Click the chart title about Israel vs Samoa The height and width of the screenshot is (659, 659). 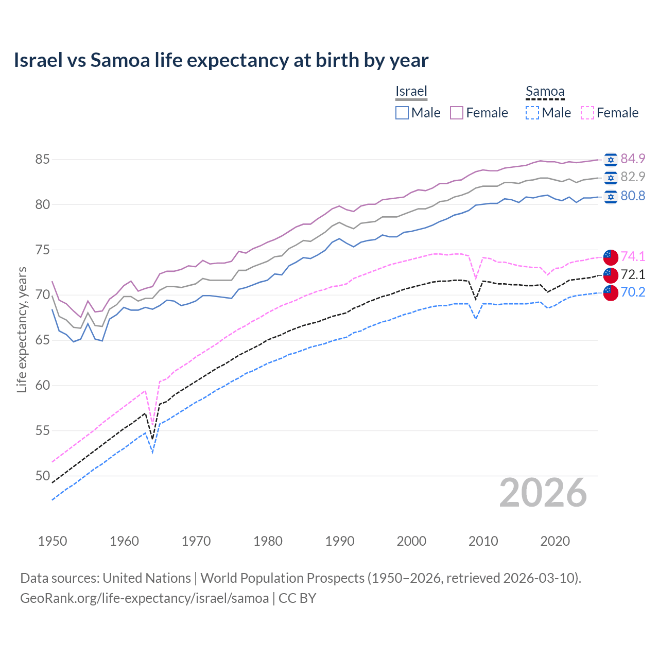click(x=221, y=60)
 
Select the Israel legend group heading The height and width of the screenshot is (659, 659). click(x=411, y=91)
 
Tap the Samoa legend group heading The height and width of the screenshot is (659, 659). click(x=545, y=91)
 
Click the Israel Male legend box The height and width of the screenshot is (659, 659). click(x=402, y=113)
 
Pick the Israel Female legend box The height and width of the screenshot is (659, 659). click(x=457, y=113)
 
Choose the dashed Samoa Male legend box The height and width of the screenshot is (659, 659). click(x=532, y=113)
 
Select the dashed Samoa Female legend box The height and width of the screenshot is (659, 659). click(x=587, y=113)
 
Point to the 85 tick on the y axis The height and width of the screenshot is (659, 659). click(x=42, y=160)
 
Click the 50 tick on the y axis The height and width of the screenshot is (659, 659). click(x=42, y=476)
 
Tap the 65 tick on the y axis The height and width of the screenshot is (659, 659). click(x=42, y=340)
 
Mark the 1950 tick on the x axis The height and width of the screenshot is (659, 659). click(x=53, y=541)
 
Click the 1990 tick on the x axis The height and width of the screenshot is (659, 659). click(x=340, y=541)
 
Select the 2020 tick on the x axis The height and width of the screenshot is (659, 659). click(x=555, y=541)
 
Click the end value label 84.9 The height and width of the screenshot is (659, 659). click(x=633, y=159)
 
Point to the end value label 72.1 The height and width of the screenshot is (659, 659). click(x=633, y=274)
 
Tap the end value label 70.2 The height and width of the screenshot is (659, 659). click(x=633, y=292)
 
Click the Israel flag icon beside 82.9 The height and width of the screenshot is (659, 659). click(x=611, y=178)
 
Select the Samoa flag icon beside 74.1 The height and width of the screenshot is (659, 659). click(x=611, y=256)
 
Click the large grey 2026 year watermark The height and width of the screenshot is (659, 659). click(x=543, y=493)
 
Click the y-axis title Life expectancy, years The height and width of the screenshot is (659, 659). click(x=22, y=329)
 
